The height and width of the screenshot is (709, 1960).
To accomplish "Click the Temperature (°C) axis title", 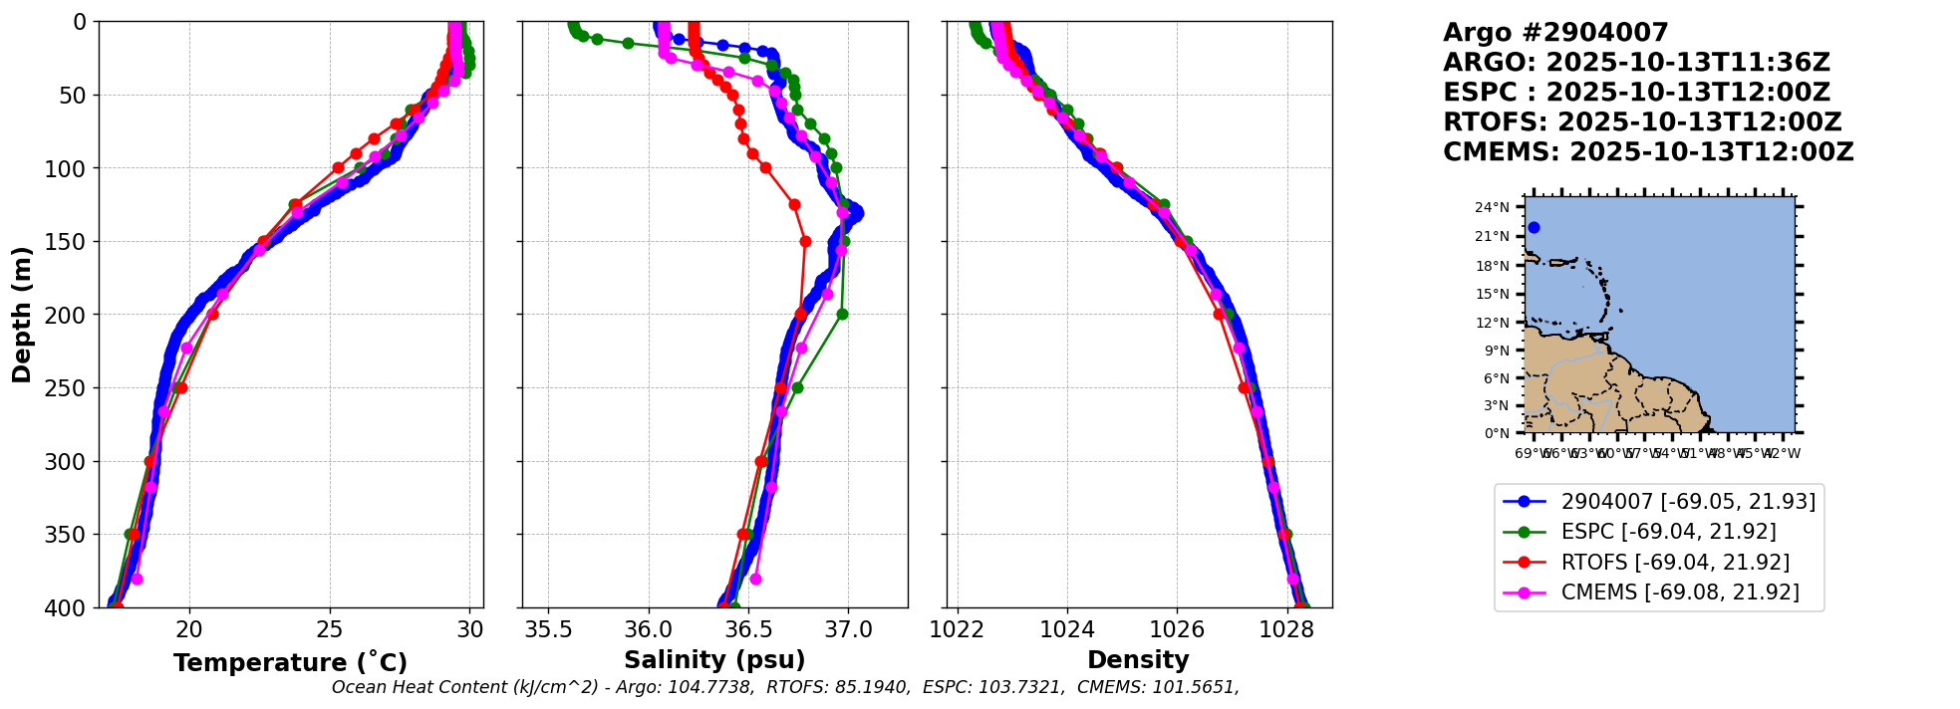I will [290, 663].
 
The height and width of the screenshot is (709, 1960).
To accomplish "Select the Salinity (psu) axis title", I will [714, 660].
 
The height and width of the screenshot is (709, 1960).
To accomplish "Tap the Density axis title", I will [1138, 660].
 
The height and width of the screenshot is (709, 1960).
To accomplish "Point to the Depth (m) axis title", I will [22, 315].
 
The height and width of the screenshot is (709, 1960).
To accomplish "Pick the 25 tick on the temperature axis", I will [330, 629].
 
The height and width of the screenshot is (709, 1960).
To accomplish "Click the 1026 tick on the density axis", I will [1177, 629].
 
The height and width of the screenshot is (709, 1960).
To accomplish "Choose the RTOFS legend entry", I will [1675, 563].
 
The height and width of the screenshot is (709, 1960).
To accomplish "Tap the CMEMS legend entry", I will [1680, 592].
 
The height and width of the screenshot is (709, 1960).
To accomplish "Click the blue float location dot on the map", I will [1534, 228].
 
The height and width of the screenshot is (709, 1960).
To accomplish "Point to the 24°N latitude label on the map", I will [1492, 208].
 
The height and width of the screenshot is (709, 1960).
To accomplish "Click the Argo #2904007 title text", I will [1555, 33].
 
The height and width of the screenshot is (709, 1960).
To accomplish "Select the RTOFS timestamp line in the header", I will [1642, 122].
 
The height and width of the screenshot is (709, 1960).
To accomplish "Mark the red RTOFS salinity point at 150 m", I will [805, 241].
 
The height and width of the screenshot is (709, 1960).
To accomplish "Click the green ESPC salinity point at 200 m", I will [842, 315].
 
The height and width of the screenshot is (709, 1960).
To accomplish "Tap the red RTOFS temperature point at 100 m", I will [338, 168].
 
